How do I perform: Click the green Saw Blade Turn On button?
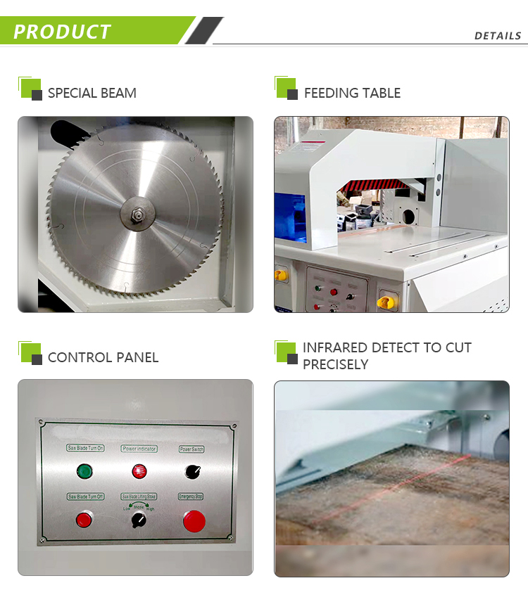tap(84, 471)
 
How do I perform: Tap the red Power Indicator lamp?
tap(139, 471)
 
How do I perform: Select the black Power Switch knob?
tap(191, 471)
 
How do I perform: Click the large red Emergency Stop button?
tap(194, 521)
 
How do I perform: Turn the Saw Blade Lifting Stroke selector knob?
tap(139, 521)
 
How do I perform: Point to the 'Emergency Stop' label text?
tap(191, 497)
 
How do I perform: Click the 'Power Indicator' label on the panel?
tap(139, 448)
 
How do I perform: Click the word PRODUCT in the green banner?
tap(62, 32)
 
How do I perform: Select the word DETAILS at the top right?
tap(498, 36)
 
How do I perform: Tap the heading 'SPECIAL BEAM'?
tap(92, 93)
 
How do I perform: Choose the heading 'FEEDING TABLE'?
tap(352, 93)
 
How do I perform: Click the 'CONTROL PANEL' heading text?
tap(103, 357)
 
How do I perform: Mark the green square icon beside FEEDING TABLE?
tap(285, 87)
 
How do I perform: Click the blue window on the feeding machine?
tap(289, 217)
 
